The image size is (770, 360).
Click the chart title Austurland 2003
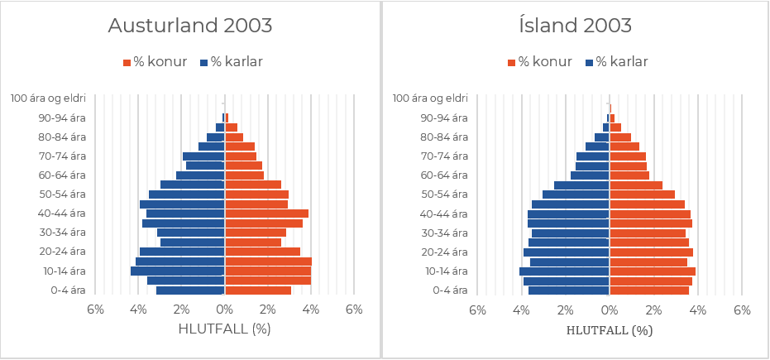pos(190,26)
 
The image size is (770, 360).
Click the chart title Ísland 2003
pos(576,26)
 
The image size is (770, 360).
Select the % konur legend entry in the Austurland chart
pos(155,62)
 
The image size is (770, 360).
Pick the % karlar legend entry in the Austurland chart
pos(231,62)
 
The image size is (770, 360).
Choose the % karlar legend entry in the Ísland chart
pos(616,62)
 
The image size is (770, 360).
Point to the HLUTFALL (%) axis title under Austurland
pos(225,329)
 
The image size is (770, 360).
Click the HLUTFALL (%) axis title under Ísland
pos(610,330)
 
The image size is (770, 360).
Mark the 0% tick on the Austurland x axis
pos(225,310)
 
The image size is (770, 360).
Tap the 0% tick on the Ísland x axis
pos(610,310)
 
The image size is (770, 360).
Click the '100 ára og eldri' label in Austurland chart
pos(49,98)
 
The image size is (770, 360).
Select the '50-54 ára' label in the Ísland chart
pos(444,194)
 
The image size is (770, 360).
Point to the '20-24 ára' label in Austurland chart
pos(62,252)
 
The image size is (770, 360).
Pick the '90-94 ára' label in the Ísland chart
pos(444,118)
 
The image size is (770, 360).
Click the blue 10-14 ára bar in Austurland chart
pos(178,271)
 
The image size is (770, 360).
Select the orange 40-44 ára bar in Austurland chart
pos(266,214)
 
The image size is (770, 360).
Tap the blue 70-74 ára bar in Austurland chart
pos(203,156)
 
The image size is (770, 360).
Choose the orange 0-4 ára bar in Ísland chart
pos(649,290)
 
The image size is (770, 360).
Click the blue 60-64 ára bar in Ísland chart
pos(590,175)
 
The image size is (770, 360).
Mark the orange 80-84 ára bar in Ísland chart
pos(620,137)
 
